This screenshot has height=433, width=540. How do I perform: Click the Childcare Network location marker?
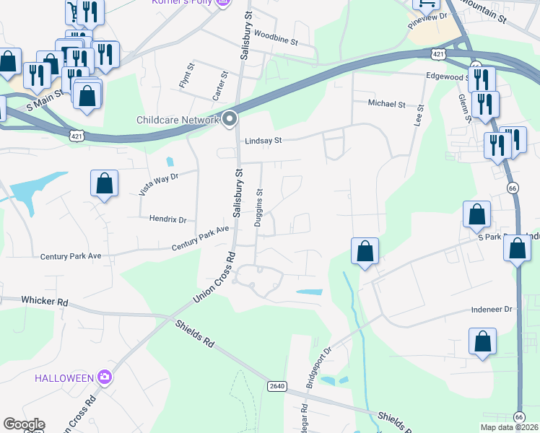230,119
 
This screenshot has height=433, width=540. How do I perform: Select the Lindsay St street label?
263,141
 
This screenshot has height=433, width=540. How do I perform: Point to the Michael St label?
386,104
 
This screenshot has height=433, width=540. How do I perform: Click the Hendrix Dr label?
167,219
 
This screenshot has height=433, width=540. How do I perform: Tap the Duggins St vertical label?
259,208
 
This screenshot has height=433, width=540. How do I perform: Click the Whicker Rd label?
44,299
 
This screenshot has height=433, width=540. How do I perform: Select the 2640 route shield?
276,386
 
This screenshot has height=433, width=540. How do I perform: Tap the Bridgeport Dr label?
318,367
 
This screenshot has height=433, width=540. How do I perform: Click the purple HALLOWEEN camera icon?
105,377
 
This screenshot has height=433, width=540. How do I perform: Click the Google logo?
24,424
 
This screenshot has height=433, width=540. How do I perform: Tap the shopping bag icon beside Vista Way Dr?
105,184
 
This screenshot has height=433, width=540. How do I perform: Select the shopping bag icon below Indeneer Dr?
482,342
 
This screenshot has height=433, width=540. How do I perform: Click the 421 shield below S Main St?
77,135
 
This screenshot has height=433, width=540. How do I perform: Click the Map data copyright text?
508,427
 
